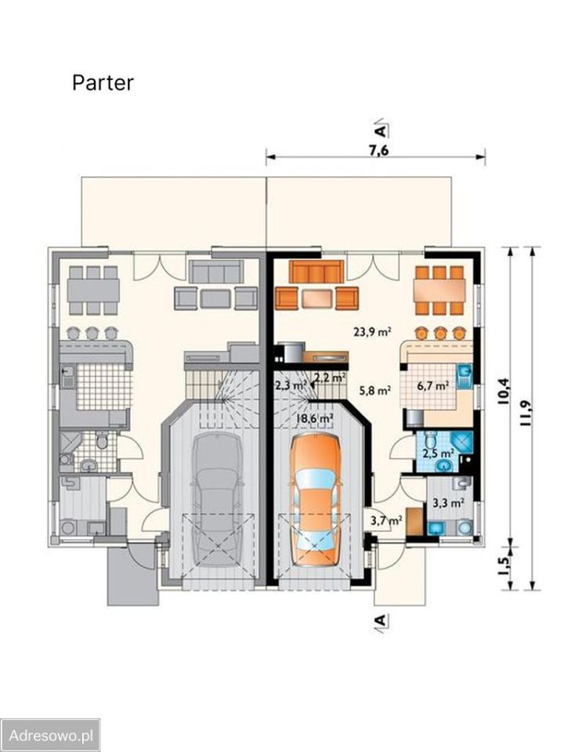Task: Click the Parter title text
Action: pyautogui.click(x=103, y=82)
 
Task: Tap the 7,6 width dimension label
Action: pyautogui.click(x=378, y=150)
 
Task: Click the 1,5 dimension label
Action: pyautogui.click(x=503, y=566)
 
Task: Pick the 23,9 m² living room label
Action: pyautogui.click(x=373, y=331)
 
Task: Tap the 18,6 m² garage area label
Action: pyautogui.click(x=315, y=418)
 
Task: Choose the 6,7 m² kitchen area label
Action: pyautogui.click(x=432, y=385)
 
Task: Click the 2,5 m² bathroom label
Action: pyautogui.click(x=438, y=453)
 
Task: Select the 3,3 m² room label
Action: pyautogui.click(x=448, y=503)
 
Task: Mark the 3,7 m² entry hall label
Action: pyautogui.click(x=386, y=519)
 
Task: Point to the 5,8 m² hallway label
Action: pyautogui.click(x=375, y=390)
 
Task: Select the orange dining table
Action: pyautogui.click(x=439, y=291)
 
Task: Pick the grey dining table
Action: pyautogui.click(x=93, y=290)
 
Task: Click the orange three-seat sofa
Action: pyautogui.click(x=316, y=272)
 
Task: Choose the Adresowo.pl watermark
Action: pyautogui.click(x=50, y=736)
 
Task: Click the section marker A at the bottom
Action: pyautogui.click(x=380, y=620)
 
